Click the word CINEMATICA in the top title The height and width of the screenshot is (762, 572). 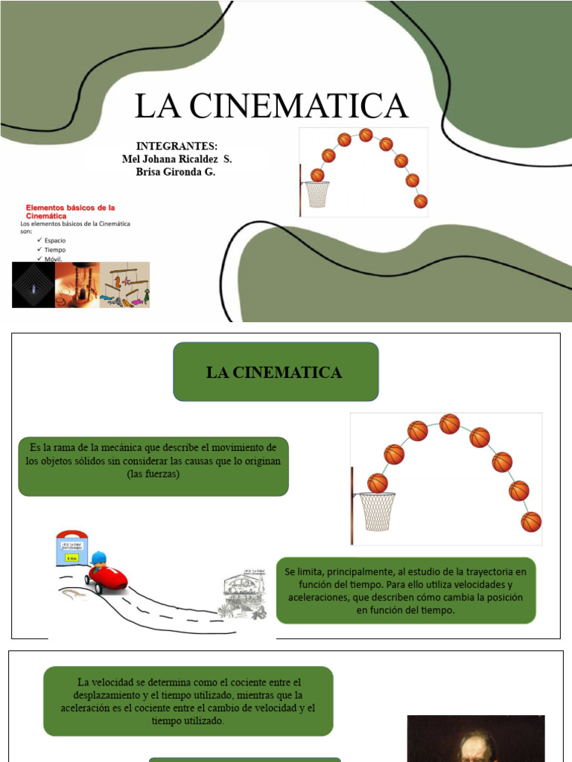(299, 106)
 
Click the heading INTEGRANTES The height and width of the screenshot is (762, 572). (177, 145)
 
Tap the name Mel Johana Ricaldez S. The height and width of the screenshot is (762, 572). (177, 159)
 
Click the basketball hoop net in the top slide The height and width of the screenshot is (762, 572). (317, 194)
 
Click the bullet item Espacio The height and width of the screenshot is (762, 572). (55, 241)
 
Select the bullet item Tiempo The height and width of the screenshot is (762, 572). (55, 250)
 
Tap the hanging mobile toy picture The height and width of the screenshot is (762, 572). (125, 285)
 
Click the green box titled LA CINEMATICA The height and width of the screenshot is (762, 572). (276, 372)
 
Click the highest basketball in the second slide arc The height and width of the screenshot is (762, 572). (449, 424)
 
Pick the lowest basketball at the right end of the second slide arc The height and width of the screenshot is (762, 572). (531, 522)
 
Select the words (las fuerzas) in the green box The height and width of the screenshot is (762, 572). (153, 474)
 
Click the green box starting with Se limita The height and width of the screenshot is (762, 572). (406, 590)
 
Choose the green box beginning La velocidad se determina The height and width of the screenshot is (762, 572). (188, 702)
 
